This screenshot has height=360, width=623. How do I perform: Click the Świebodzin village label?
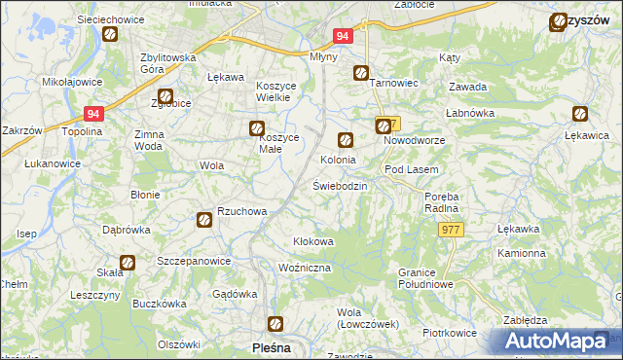tap(339, 186)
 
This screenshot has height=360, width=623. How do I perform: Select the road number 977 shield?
tap(451, 229)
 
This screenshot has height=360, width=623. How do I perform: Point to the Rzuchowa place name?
tap(241, 211)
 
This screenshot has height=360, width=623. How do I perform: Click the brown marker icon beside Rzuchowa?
tap(204, 220)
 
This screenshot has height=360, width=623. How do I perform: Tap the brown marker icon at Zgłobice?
tap(165, 96)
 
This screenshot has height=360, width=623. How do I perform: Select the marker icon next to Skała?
tap(128, 262)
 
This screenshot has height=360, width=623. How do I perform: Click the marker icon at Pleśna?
tap(276, 324)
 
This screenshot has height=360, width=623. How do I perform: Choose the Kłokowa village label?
tap(313, 241)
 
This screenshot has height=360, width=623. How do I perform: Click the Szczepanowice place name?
tap(194, 262)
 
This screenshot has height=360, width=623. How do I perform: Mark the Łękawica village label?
tap(587, 136)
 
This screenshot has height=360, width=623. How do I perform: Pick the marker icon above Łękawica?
tap(583, 114)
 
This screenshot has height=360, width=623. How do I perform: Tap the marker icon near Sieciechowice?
tap(110, 35)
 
